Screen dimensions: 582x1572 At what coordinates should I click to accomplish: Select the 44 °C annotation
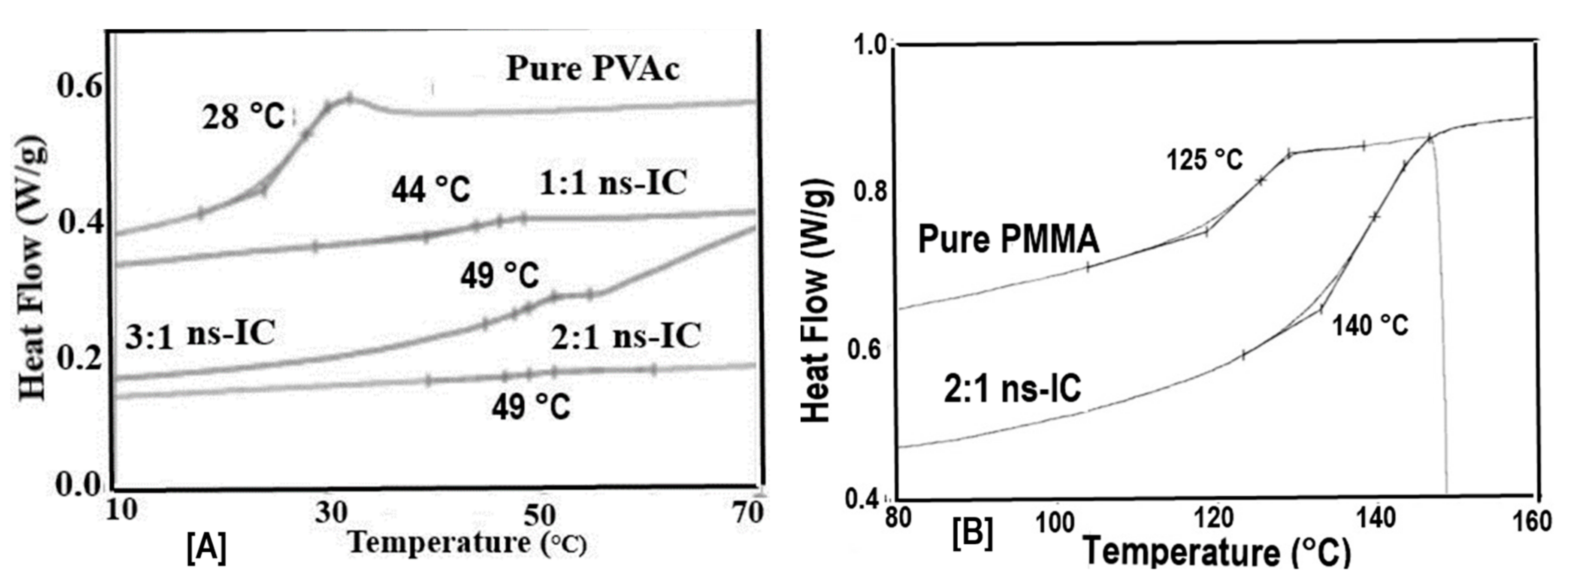pos(431,191)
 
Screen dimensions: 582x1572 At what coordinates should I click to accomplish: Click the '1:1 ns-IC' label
pos(613,182)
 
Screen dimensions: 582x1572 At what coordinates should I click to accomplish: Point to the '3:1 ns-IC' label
pos(200,335)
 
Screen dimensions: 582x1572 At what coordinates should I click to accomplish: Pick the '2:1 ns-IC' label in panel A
pos(626,336)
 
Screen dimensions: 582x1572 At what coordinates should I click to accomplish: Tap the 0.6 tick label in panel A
pos(78,87)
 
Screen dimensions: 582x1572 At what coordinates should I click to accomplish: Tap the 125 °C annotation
pos(1204,161)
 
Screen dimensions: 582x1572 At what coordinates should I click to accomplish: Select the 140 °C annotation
pos(1369,325)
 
